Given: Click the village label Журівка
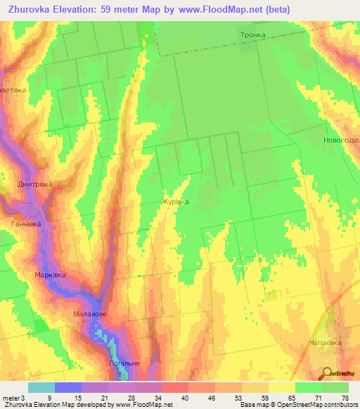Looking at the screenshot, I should (175, 202).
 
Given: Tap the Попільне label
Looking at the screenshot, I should (124, 363).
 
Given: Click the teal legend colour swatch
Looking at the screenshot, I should (41, 387).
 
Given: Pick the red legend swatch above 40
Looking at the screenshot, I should (174, 387).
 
